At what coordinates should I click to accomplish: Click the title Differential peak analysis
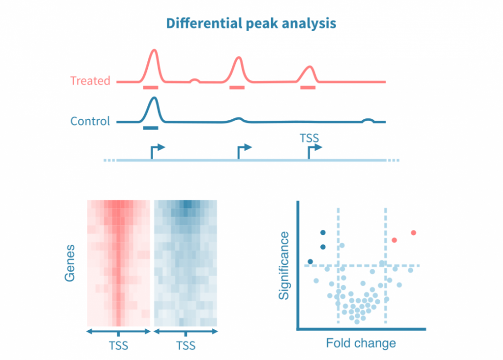point(251,24)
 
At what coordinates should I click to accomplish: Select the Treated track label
point(90,81)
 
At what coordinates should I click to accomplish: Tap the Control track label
point(90,121)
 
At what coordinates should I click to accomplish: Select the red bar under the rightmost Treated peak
point(308,88)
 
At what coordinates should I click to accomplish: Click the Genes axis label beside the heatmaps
point(70,263)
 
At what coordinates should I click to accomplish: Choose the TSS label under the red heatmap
point(118,346)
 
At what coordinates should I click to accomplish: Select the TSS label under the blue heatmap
point(186,346)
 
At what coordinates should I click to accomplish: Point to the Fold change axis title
point(361,343)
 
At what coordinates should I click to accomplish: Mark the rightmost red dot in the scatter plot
point(413,233)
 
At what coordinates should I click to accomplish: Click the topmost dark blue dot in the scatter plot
point(322,232)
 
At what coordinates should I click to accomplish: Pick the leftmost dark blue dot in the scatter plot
point(310,262)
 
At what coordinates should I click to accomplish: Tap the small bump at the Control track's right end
point(367,120)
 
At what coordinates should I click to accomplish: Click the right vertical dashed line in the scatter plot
point(385,297)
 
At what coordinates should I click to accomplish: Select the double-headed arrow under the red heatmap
point(118,332)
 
